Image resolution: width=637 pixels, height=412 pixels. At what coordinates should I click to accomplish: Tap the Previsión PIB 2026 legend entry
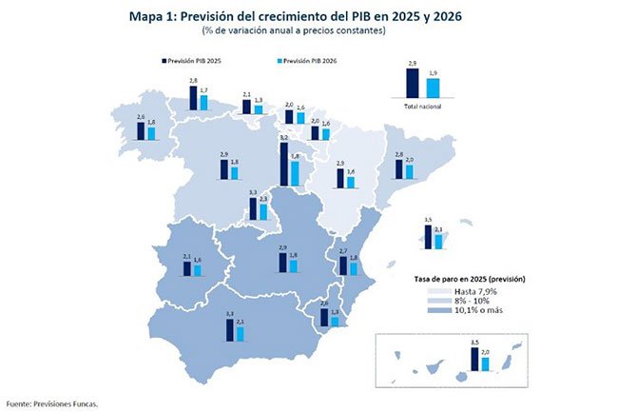tap(307, 60)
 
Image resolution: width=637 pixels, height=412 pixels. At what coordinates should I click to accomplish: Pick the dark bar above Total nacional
tap(413, 83)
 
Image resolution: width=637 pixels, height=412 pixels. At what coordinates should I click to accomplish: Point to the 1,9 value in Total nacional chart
tap(434, 73)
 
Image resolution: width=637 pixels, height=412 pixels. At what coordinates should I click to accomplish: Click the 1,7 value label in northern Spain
tap(203, 89)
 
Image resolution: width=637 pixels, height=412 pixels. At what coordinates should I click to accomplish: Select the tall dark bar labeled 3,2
tap(284, 165)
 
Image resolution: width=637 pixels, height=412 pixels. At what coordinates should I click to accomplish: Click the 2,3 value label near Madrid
tap(263, 199)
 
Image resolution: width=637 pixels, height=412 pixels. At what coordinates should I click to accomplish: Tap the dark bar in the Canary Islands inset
tap(476, 360)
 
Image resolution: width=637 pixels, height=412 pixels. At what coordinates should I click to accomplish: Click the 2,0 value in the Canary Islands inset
tap(487, 353)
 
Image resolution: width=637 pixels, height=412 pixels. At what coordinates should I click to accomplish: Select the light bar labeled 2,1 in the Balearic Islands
tap(438, 240)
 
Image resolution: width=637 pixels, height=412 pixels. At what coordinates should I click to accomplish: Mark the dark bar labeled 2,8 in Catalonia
tap(398, 168)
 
